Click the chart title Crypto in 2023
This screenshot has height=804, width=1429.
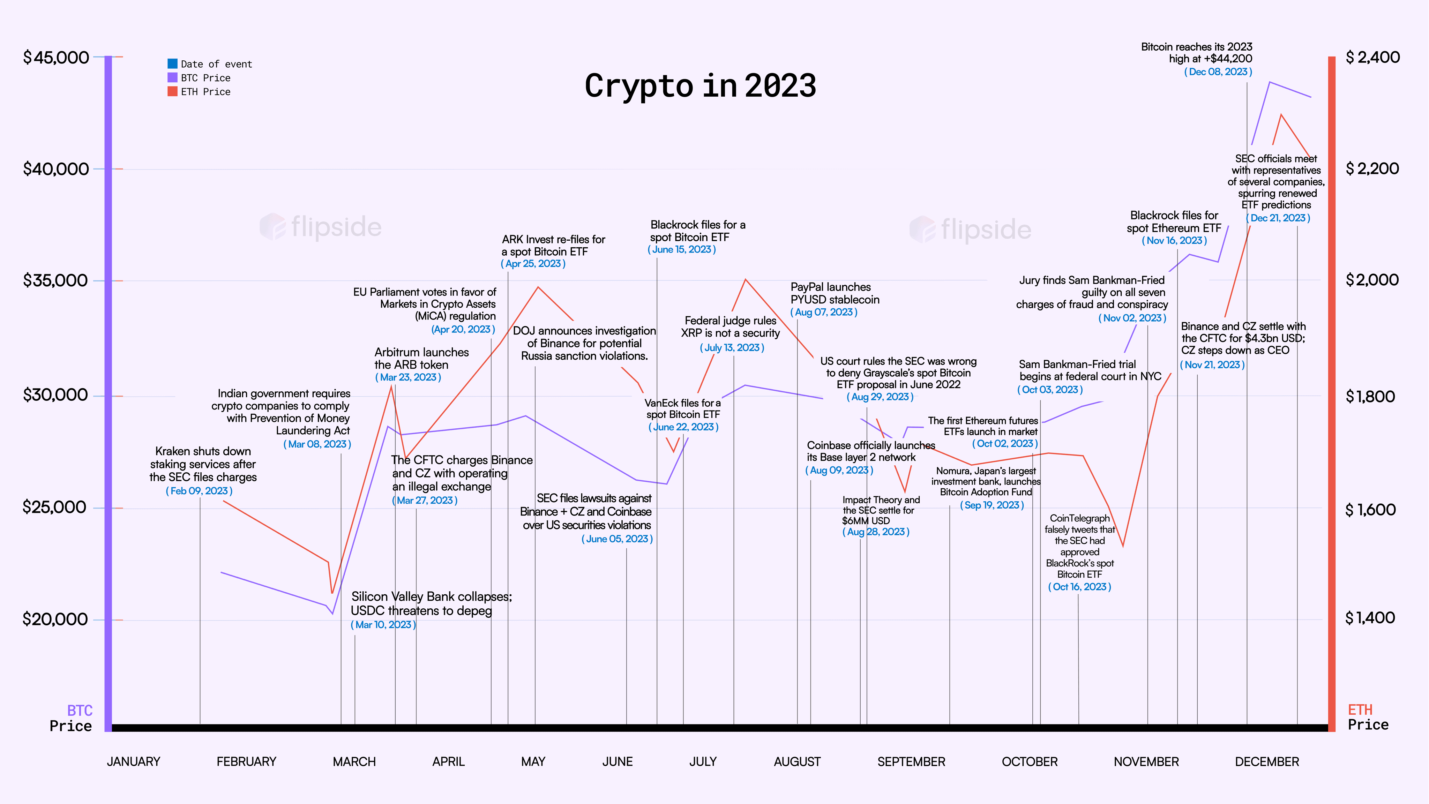[x=700, y=86]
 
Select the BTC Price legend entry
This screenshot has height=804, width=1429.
[x=205, y=78]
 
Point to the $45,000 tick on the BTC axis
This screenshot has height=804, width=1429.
[x=55, y=58]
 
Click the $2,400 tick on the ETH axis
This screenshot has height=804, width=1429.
[x=1372, y=58]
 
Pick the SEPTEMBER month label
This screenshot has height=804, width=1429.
[x=911, y=762]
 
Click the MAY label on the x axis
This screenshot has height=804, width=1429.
[x=533, y=762]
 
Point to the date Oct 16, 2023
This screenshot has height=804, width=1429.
[x=1079, y=587]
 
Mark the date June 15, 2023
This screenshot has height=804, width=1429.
[x=682, y=249]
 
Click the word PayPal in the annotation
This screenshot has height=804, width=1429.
[x=808, y=287]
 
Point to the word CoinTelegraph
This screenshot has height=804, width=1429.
[x=1079, y=518]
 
